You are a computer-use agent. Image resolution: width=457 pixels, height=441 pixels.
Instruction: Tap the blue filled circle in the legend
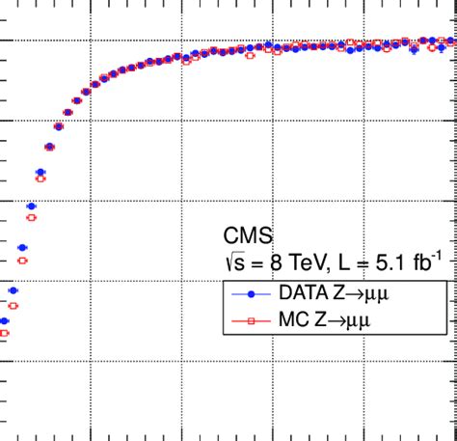[250, 291]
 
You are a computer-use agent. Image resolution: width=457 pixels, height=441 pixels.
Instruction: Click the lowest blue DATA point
[4, 321]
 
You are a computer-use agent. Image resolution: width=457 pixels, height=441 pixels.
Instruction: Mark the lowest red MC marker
[4, 334]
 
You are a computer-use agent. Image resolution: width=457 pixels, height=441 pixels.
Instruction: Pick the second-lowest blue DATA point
[13, 289]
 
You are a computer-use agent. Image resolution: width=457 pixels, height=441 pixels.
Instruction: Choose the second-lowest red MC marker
[13, 305]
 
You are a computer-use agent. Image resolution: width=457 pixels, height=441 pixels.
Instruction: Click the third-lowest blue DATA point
[22, 248]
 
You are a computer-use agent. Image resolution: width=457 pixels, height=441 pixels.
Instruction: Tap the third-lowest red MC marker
[22, 261]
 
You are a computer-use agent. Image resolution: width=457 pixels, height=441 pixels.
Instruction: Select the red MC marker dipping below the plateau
[250, 56]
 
